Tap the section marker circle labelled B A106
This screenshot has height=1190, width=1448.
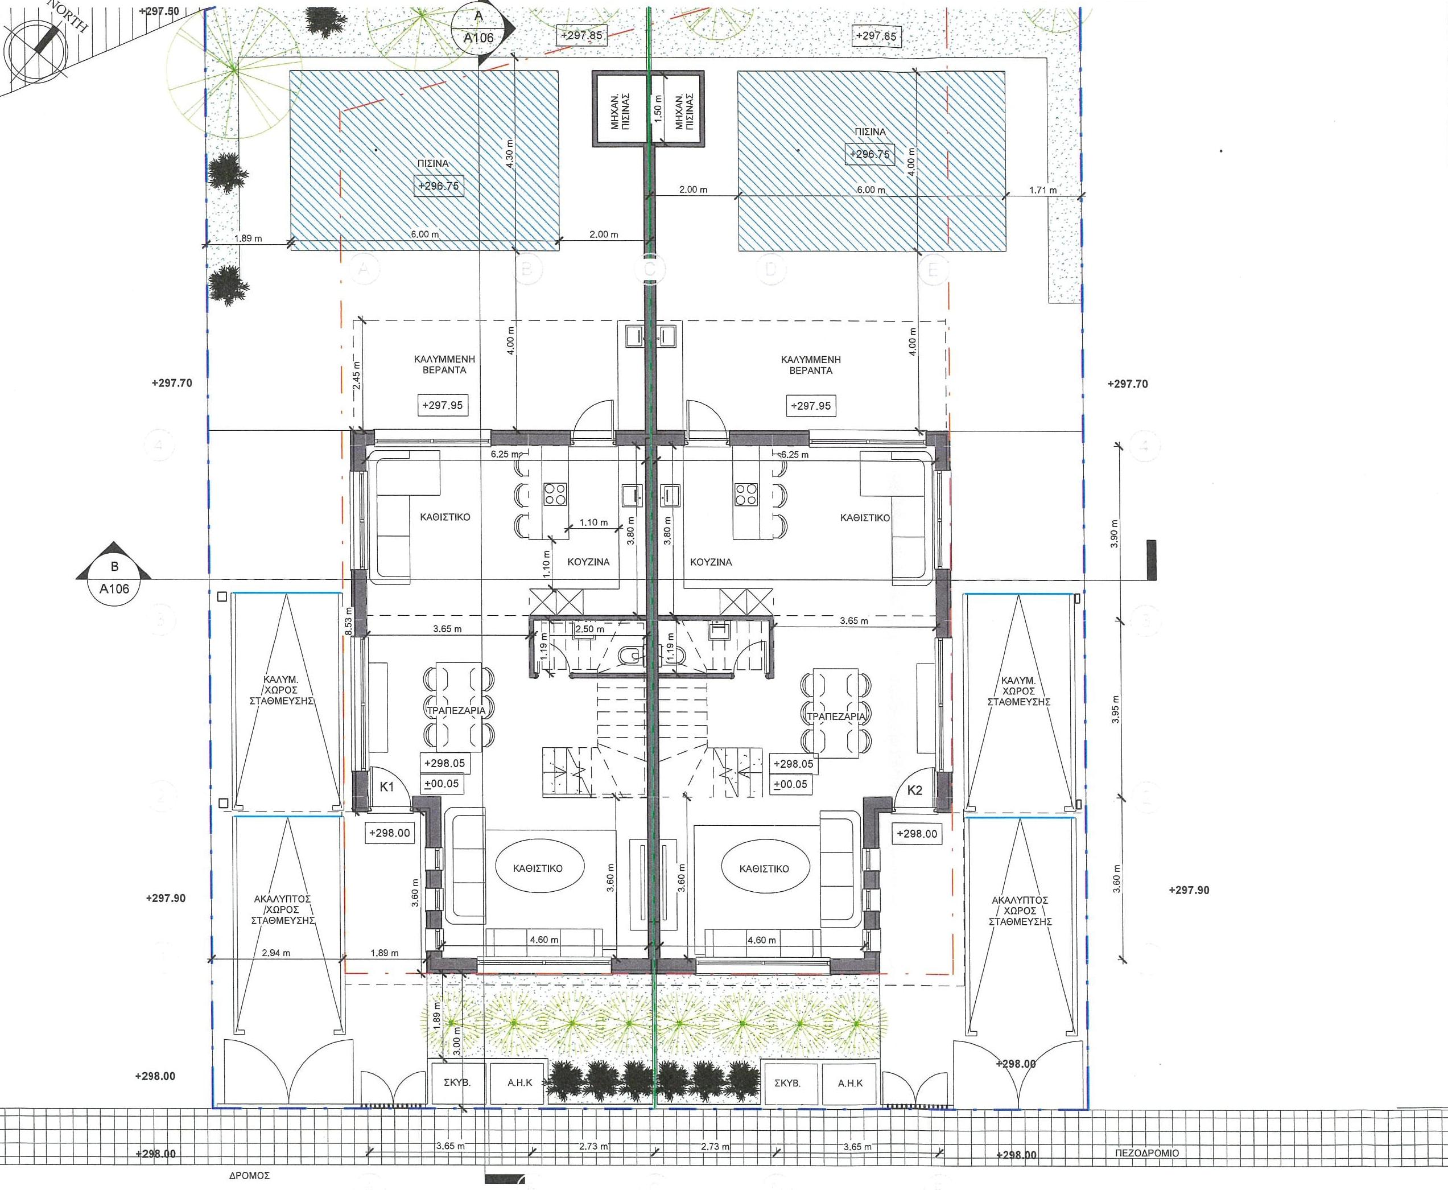tap(114, 580)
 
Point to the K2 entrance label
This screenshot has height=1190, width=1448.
tap(914, 790)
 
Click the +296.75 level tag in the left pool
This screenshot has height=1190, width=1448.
tap(439, 186)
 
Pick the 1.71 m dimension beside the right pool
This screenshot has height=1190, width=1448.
tap(1042, 190)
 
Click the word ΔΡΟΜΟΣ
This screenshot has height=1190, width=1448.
tap(249, 1175)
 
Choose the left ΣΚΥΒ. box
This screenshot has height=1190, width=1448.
tap(457, 1083)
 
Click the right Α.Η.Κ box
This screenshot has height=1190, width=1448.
tap(850, 1083)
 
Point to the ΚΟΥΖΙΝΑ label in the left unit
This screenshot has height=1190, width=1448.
tap(588, 561)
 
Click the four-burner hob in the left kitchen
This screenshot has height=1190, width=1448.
tap(555, 494)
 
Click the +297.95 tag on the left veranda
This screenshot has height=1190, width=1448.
tap(443, 405)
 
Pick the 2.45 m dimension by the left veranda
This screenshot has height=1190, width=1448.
tap(356, 375)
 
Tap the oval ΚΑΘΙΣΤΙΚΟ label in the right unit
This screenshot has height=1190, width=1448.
tap(764, 868)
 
